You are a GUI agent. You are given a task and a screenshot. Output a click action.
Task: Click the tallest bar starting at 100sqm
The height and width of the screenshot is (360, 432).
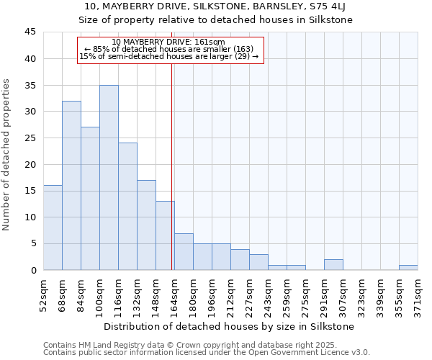[109, 177]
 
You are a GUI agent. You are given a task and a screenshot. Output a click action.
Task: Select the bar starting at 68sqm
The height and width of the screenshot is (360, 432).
[71, 185]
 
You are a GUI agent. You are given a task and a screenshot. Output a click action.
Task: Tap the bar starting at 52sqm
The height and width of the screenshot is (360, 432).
[53, 228]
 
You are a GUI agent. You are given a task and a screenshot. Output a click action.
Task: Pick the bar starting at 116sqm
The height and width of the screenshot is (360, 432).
[127, 206]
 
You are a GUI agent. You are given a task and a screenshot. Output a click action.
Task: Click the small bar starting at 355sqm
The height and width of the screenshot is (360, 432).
[408, 267]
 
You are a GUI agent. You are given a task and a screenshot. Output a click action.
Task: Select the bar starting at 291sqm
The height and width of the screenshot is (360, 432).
[333, 264]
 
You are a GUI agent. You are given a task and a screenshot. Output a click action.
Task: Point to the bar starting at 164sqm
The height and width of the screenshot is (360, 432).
[184, 251]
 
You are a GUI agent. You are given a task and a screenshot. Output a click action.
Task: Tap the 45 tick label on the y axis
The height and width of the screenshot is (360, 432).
[30, 32]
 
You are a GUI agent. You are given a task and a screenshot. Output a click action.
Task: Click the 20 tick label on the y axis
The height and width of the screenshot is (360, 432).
[30, 164]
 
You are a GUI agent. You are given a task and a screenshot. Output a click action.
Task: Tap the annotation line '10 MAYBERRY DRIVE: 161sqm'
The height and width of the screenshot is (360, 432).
[169, 42]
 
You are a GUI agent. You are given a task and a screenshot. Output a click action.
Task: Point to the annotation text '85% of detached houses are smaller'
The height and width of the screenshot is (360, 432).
[169, 49]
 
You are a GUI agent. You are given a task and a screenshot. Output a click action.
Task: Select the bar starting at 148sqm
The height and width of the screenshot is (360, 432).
[165, 235]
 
